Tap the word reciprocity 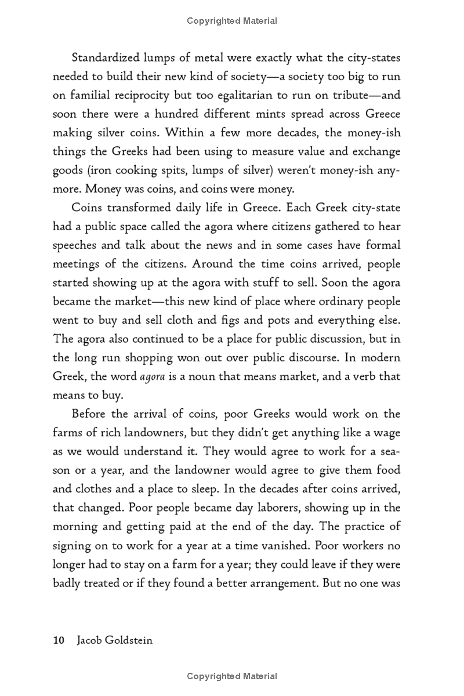coord(135,95)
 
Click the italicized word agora coord(153,376)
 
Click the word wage coord(387,433)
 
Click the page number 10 coord(58,625)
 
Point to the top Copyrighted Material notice coord(232,21)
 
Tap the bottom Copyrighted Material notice coord(232,676)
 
